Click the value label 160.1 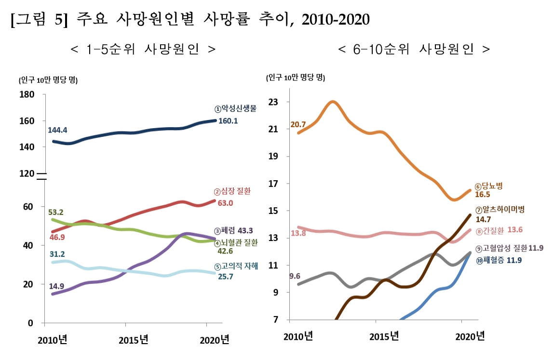tap(228, 121)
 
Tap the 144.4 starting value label tap(57, 130)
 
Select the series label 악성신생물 tap(239, 108)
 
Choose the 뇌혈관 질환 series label tap(239, 242)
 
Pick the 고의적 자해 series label tap(240, 267)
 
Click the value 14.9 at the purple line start tap(56, 286)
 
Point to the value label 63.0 tap(225, 203)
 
